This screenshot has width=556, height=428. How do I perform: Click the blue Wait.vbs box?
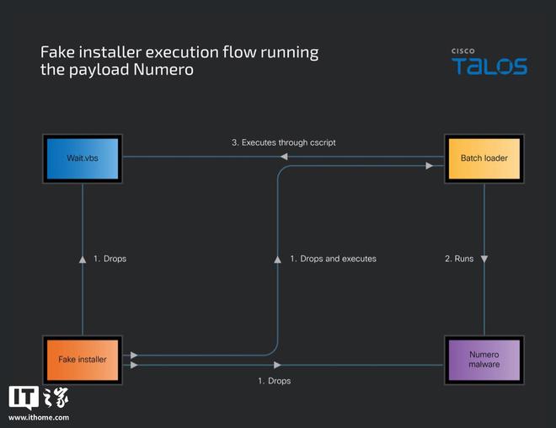coord(83,158)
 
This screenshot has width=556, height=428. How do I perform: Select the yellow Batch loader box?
coord(483,158)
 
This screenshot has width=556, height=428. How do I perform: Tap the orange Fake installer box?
coord(83,359)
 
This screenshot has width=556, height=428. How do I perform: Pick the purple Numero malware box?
coord(484,359)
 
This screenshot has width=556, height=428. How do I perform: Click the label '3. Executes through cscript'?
coord(283,142)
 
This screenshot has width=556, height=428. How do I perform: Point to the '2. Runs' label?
coord(459,259)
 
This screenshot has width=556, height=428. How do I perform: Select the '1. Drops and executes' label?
coord(333,259)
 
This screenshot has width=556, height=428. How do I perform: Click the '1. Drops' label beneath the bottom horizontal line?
coord(274,382)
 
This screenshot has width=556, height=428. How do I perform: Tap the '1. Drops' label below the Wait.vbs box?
coord(110,259)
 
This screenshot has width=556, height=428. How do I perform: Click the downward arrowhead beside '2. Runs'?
coord(484,259)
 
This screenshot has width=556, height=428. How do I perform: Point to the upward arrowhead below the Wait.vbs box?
coord(83,259)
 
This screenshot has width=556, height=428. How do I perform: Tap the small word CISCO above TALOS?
coord(463,51)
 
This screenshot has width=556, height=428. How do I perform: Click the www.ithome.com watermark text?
coord(39,418)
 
